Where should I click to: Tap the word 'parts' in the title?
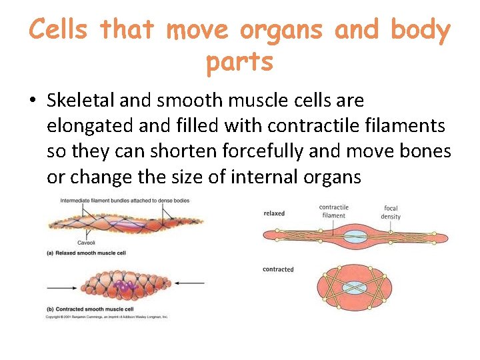pos(239,61)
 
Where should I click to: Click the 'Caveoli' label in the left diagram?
pos(86,243)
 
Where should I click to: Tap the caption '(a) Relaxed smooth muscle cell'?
pos(86,253)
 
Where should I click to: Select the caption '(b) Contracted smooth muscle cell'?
pos(91,309)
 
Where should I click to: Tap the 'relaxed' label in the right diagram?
pos(274,213)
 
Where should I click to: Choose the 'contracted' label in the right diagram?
pos(278,269)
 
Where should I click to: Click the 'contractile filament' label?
pos(333,211)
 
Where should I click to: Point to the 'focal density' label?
pos(391,213)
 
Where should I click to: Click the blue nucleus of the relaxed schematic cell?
pos(355,235)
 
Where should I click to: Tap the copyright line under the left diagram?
pos(107,317)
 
